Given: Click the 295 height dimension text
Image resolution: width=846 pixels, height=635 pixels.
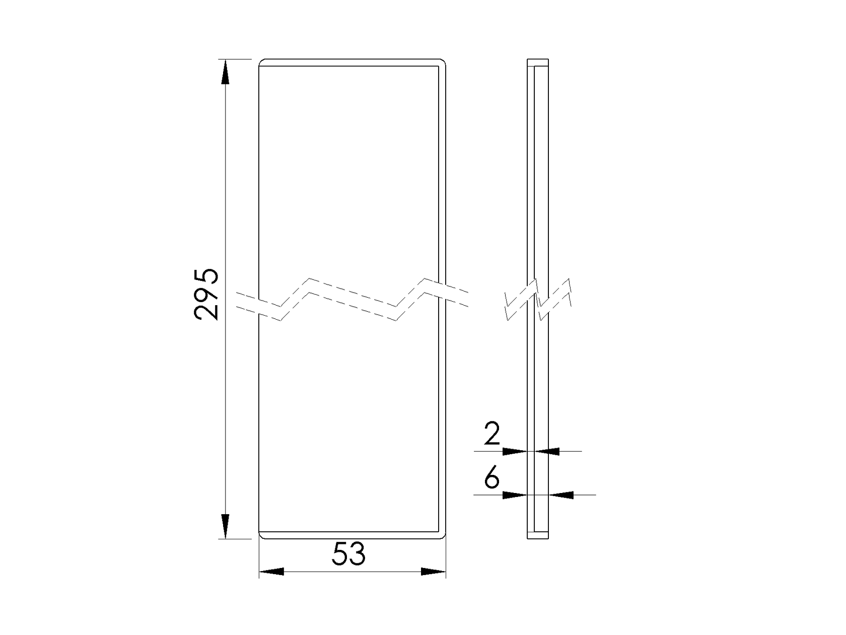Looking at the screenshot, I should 206,294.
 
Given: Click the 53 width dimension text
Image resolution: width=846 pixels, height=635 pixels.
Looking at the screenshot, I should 348,555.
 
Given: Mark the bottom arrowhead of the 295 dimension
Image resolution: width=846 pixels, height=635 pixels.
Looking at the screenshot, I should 225,527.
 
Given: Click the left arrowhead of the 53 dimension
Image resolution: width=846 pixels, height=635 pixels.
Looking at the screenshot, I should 271,572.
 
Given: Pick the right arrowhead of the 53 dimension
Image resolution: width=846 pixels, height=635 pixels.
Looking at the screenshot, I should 433,572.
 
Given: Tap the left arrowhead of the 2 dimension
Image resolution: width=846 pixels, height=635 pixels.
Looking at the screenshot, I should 515,451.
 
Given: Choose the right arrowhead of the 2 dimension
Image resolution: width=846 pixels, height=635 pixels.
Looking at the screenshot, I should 547,451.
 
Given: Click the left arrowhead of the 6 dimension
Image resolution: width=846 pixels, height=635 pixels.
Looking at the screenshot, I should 515,495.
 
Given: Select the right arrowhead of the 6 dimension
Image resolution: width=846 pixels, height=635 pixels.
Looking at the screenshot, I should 561,495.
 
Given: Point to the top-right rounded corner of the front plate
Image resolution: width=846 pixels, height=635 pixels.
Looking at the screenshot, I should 444,62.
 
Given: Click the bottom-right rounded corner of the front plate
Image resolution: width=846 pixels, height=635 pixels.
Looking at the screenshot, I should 444,536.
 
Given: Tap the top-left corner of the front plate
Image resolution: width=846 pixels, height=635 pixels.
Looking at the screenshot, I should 261,62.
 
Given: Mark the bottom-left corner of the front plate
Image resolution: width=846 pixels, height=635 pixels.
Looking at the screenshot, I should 261,536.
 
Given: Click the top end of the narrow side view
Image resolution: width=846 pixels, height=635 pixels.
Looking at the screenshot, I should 538,60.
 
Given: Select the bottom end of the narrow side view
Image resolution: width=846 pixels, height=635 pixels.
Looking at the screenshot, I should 538,538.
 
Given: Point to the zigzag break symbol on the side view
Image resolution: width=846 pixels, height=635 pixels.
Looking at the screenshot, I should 538,299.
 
